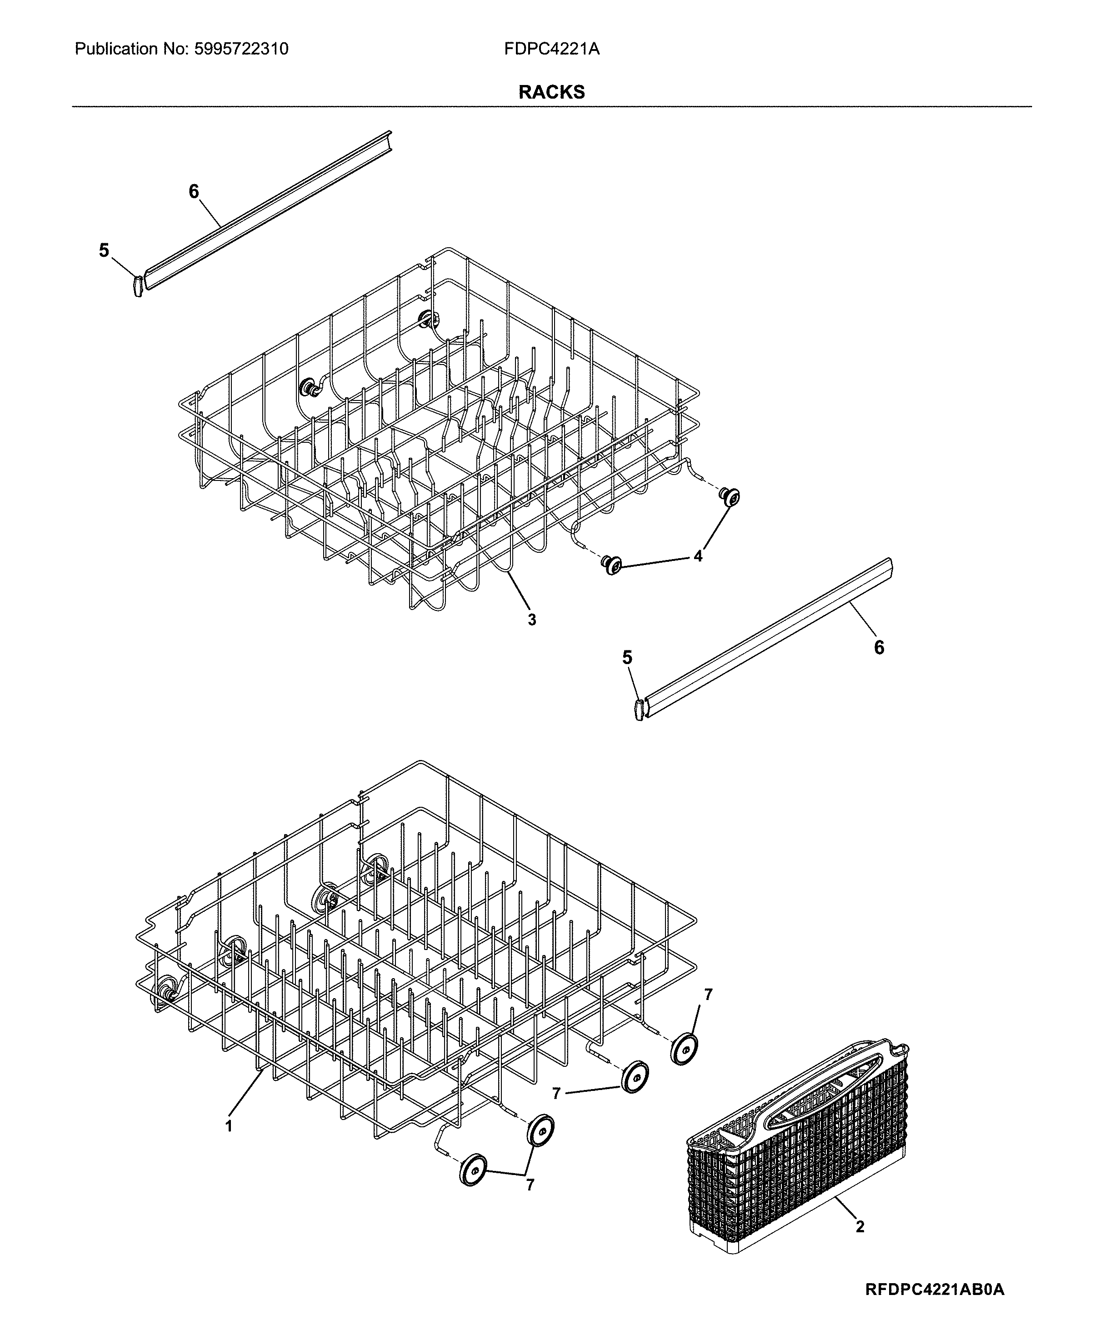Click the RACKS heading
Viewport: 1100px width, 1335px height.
551,93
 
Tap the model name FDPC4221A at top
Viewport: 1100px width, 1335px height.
551,49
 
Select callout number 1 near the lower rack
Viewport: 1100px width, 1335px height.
229,1126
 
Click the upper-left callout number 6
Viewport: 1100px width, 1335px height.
194,191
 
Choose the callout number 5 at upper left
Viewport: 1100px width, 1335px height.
104,251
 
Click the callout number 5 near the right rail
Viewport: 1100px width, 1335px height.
627,658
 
